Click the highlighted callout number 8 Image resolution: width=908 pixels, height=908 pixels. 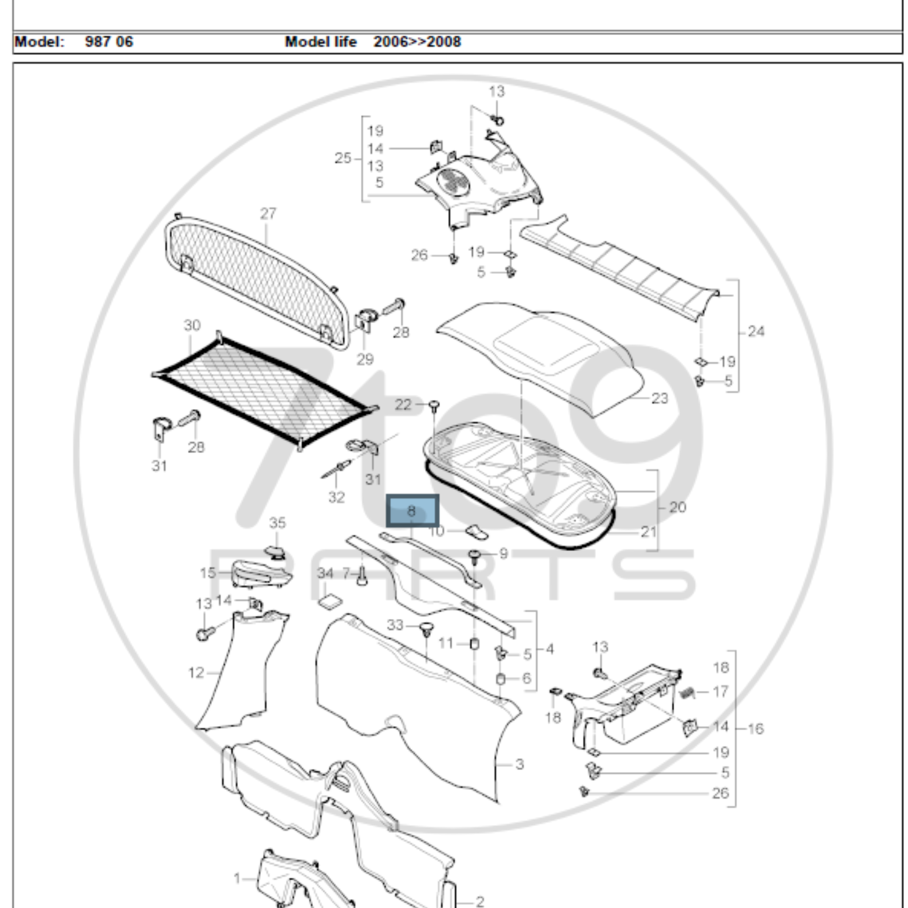[x=412, y=510]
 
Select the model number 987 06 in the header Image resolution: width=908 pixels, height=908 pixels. [x=109, y=42]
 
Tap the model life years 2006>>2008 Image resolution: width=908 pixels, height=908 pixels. [x=417, y=42]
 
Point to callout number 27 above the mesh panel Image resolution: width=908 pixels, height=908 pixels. [x=268, y=214]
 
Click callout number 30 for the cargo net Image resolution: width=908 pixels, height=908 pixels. [x=192, y=325]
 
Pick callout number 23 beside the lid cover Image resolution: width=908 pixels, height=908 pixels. [x=659, y=399]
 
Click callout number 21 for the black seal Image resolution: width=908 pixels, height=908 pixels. [x=649, y=532]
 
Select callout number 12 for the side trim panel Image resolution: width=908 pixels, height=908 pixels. [x=196, y=673]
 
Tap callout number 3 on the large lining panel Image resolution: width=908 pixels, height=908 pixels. [x=519, y=765]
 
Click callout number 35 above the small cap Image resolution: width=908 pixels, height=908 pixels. [x=277, y=523]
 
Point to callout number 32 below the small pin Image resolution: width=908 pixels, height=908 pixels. [x=337, y=497]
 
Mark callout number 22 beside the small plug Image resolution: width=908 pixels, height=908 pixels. [x=403, y=405]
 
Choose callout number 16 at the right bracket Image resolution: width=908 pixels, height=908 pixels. [x=755, y=729]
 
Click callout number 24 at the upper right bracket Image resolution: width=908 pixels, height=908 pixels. [x=756, y=332]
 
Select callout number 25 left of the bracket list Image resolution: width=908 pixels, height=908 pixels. [x=343, y=158]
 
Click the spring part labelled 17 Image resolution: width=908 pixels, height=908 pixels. [x=687, y=692]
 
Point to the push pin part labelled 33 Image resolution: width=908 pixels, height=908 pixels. [x=426, y=628]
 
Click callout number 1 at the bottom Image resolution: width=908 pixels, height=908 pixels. [x=237, y=878]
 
